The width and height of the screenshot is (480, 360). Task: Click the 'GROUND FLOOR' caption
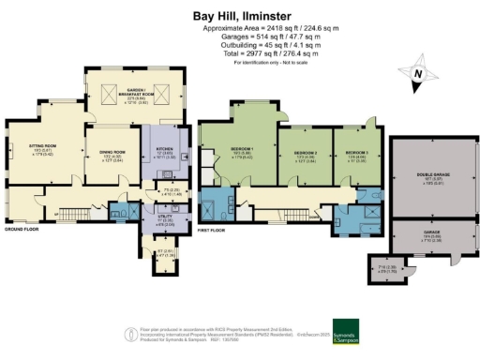tap(21, 228)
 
